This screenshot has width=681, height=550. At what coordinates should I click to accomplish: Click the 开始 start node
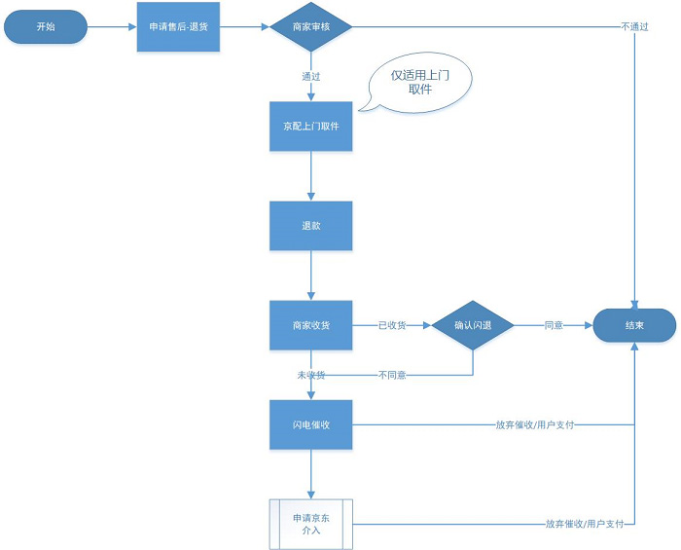[x=46, y=26]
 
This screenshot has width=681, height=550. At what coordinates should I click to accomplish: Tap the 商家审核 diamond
[x=310, y=26]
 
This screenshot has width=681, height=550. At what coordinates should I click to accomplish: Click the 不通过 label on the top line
[x=634, y=26]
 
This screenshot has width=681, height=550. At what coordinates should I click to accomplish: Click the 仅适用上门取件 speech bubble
[x=419, y=82]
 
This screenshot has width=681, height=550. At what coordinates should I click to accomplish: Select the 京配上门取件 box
[x=310, y=127]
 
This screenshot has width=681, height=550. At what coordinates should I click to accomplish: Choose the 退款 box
[x=310, y=225]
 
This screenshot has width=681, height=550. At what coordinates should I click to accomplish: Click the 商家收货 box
[x=310, y=325]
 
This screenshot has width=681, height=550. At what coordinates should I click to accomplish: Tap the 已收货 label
[x=393, y=325]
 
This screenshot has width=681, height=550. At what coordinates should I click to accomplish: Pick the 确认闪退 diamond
[x=473, y=325]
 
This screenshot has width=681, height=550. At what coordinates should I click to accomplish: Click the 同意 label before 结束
[x=554, y=325]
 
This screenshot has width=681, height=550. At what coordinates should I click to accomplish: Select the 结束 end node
[x=634, y=325]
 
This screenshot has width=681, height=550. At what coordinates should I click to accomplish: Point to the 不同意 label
[x=392, y=375]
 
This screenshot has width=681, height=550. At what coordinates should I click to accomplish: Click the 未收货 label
[x=310, y=375]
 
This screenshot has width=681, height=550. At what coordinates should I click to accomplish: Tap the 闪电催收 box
[x=310, y=424]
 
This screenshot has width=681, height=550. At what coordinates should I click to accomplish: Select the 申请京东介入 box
[x=310, y=524]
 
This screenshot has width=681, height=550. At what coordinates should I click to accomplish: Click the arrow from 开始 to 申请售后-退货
[x=110, y=26]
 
